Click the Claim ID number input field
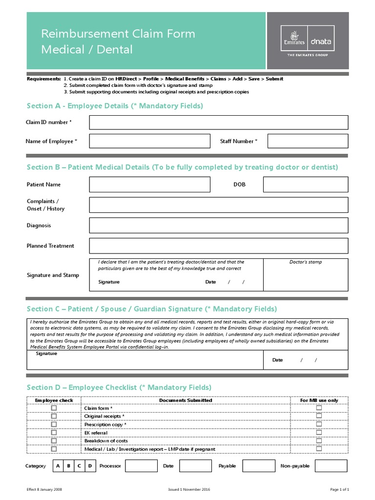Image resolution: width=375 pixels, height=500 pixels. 219,122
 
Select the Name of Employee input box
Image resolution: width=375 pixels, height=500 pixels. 149,141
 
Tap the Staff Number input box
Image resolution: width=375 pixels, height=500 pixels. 308,141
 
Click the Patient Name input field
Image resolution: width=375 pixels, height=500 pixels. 149,185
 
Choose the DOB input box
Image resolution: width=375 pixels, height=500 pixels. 305,185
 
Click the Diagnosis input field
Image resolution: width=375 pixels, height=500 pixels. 219,226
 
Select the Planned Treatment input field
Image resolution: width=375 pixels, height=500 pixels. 219,246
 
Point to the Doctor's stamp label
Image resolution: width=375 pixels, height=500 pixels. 306,262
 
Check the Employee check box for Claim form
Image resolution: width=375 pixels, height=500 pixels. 54,408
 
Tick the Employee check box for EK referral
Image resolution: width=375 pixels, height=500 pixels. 54,433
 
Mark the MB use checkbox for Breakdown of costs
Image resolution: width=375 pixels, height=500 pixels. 319,441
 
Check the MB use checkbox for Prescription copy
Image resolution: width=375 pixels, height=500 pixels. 319,424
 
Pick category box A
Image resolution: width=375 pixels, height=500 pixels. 58,466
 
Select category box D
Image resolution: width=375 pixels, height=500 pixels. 90,466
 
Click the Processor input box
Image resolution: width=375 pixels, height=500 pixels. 141,466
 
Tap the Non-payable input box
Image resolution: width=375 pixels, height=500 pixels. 331,466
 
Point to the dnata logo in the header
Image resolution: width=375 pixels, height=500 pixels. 321,42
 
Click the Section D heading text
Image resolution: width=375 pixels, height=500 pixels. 119,387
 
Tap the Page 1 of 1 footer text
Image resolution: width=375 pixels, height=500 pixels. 339,489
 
